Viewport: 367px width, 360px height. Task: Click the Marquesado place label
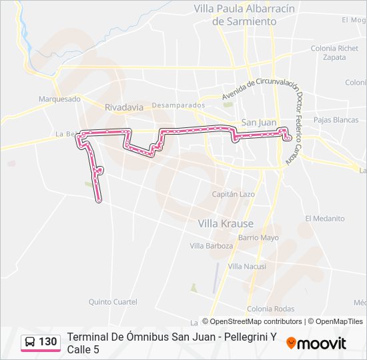[x=59, y=99]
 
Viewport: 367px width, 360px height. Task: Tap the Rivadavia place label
[x=124, y=107]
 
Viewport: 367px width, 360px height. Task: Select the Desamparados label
[x=177, y=105]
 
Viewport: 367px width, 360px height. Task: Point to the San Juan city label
[x=258, y=122]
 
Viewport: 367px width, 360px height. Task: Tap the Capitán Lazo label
[x=233, y=194]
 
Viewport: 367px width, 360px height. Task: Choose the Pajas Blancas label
[x=336, y=120]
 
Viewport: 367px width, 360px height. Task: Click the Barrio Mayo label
[x=258, y=237]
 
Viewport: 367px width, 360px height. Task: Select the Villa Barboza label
[x=212, y=246]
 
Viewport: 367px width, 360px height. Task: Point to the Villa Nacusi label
[x=248, y=266]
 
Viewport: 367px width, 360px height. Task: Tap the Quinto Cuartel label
[x=113, y=302]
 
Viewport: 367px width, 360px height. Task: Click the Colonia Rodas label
[x=270, y=309]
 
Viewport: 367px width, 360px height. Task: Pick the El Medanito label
[x=325, y=219]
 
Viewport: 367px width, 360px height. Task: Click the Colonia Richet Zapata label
[x=334, y=53]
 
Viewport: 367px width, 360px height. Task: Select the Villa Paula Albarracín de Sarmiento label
[x=235, y=15]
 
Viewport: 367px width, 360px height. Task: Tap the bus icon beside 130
[x=31, y=342]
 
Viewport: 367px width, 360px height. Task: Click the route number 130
[x=48, y=342]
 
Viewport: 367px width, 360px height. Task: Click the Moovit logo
[x=316, y=343]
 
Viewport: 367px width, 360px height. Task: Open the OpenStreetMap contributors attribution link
[x=256, y=321]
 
